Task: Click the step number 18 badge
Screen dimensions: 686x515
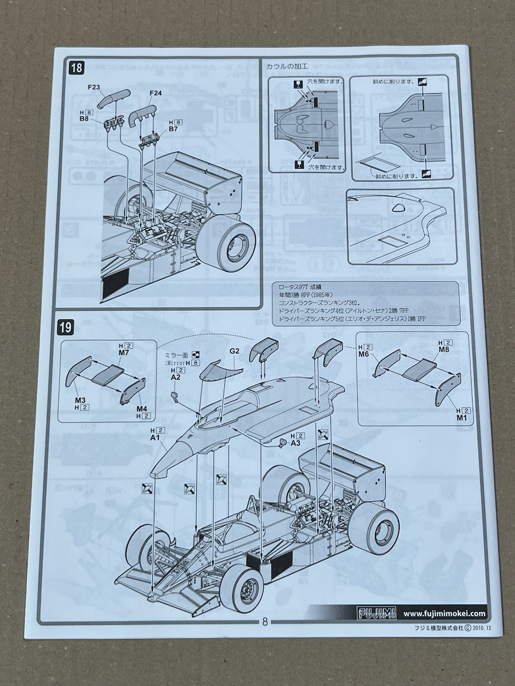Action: pos(77,68)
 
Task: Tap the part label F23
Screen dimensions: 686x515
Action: pos(94,86)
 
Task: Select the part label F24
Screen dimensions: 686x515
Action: pos(156,93)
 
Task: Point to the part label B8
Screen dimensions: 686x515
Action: pos(84,119)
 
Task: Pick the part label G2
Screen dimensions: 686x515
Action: pos(235,351)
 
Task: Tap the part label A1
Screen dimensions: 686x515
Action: pos(156,438)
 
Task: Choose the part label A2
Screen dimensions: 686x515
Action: pos(175,377)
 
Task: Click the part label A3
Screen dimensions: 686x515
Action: pos(295,443)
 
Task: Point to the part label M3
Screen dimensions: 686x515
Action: pos(80,400)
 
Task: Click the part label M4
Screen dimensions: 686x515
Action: pos(142,408)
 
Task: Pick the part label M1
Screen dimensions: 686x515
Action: pos(462,417)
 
